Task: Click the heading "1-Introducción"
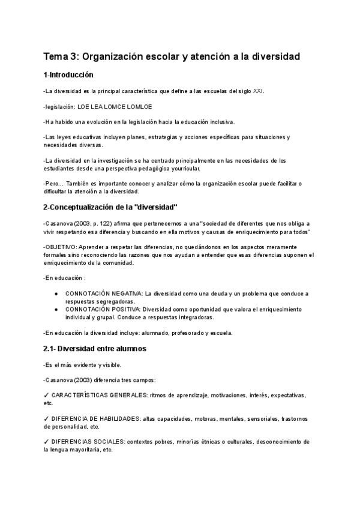tap(68, 76)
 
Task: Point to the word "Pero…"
tap(53, 184)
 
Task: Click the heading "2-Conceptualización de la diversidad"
tap(110, 207)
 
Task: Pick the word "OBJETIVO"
tap(60, 247)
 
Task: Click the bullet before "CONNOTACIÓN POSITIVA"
tap(56, 309)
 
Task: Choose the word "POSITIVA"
tap(125, 309)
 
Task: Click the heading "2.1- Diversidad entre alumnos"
tap(95, 348)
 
